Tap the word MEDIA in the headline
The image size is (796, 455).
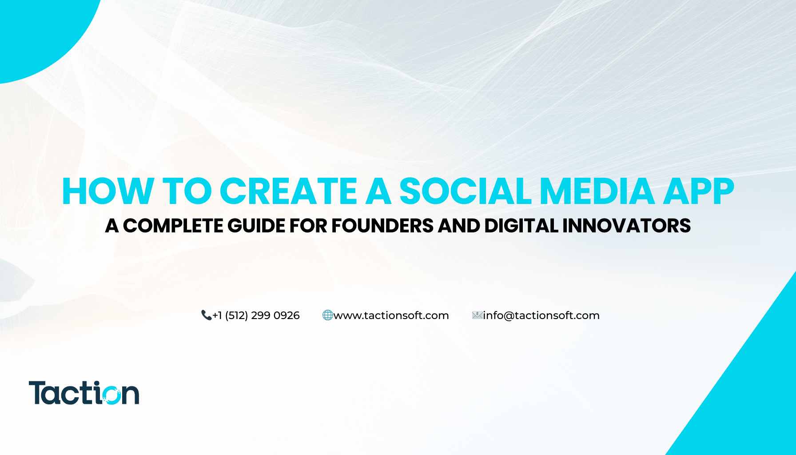(x=597, y=191)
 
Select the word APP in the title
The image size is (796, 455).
(x=699, y=191)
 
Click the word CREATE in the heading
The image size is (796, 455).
(x=289, y=191)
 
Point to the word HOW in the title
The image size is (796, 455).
(x=108, y=191)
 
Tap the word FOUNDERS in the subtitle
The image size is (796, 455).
(x=382, y=226)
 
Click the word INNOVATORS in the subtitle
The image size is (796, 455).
(x=627, y=226)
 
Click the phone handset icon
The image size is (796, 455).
(x=206, y=315)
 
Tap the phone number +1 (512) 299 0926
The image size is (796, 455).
(x=256, y=315)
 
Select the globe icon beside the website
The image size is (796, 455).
(x=327, y=315)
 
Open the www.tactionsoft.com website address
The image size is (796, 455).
(x=391, y=315)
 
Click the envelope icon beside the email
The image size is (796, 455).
(x=477, y=315)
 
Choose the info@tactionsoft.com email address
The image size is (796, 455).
(x=541, y=315)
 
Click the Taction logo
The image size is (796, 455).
(x=84, y=393)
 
